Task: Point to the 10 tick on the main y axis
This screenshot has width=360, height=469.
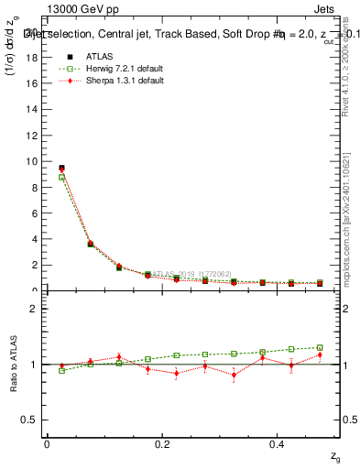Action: tap(37, 161)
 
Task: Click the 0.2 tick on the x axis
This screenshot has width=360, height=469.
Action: tap(162, 443)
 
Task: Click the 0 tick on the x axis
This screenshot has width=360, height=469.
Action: tap(47, 443)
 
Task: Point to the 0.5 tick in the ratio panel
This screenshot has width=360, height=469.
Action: tap(35, 420)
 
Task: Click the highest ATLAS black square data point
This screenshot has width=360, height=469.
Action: tap(61, 168)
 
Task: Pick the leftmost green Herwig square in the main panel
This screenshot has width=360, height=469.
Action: tap(61, 177)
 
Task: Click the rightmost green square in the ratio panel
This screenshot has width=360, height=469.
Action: tap(320, 347)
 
